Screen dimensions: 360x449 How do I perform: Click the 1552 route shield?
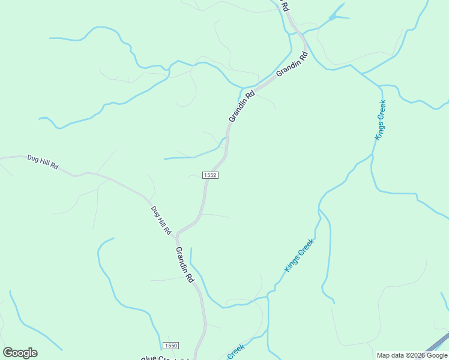[209, 175]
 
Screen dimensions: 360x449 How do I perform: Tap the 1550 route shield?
[170, 346]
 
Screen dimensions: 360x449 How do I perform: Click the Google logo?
[20, 353]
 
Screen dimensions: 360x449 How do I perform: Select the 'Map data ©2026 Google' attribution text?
[412, 356]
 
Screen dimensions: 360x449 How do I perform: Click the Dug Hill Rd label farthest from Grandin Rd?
[43, 162]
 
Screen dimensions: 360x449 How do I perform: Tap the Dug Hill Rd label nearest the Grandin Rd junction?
[161, 220]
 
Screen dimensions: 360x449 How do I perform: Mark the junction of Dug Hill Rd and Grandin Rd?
[176, 235]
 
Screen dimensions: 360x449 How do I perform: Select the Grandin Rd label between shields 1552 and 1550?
[185, 265]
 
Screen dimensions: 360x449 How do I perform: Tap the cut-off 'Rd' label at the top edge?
[286, 7]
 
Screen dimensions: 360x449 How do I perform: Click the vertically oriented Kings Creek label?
[380, 120]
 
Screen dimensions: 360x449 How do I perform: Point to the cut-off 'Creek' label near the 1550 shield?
[235, 352]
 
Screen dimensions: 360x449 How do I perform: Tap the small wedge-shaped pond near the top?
[336, 15]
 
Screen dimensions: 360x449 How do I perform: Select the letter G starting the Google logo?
[8, 353]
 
